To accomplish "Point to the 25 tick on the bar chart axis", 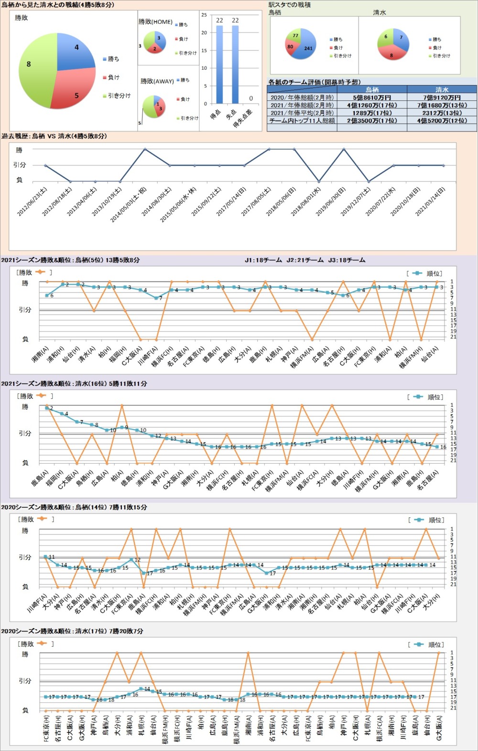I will point(204,15).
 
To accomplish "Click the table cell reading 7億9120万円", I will point(442,98).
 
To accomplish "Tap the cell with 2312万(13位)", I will point(442,113).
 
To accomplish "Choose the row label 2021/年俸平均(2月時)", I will point(302,113).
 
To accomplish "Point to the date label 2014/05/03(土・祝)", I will point(129,204).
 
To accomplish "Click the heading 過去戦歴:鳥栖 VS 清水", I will point(54,136).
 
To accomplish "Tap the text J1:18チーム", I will point(263,260).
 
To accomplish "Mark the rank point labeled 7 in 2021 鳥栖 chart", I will point(156,298).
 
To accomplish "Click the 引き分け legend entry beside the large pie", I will point(119,96).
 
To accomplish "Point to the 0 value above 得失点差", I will point(251,98).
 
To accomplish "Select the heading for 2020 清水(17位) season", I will point(72,631).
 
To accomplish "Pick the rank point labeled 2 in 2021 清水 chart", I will point(47,408).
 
